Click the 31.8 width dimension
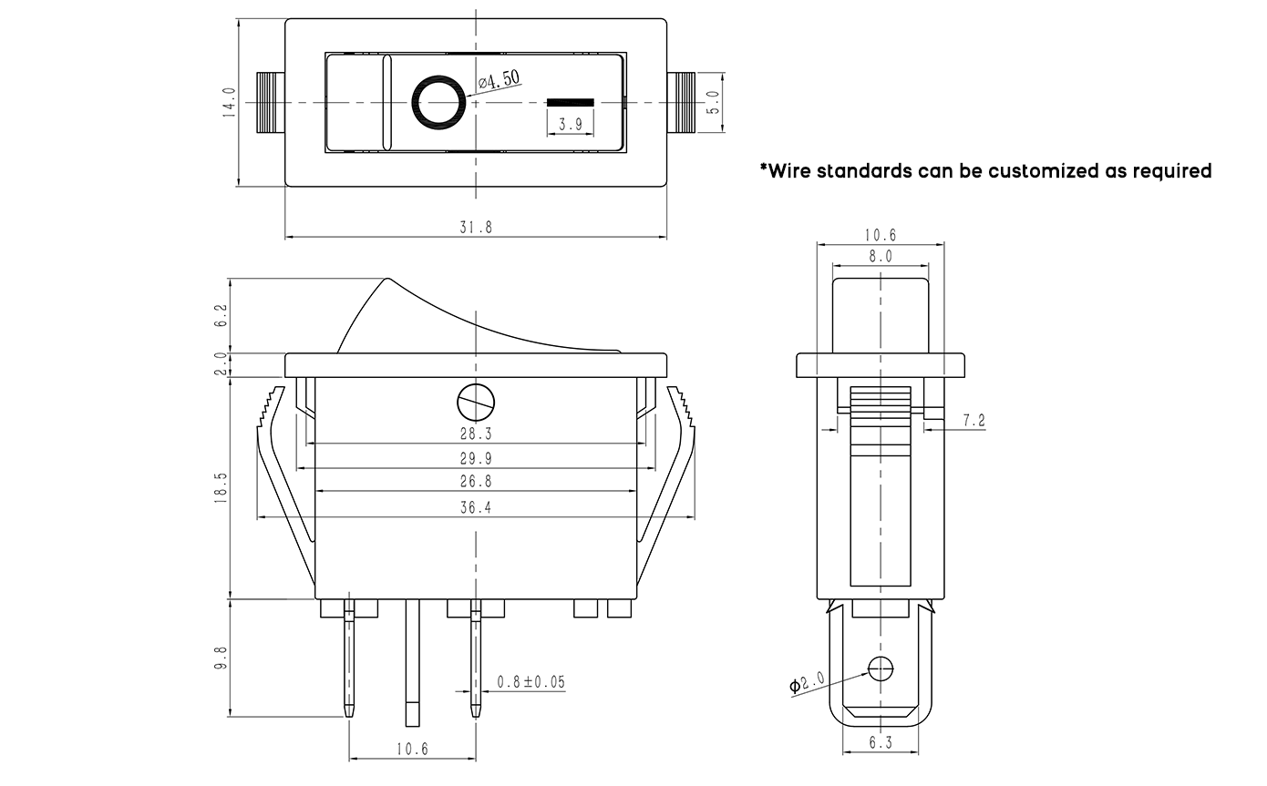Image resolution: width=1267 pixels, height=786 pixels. point(476,228)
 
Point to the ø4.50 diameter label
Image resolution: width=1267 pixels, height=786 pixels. point(500,80)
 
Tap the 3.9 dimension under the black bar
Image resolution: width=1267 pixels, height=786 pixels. point(571,125)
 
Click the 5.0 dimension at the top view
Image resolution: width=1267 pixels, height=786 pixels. point(714,101)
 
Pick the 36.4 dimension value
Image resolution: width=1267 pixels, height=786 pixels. point(476,508)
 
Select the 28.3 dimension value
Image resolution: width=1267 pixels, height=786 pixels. point(476,434)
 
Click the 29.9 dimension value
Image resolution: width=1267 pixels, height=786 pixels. point(476,458)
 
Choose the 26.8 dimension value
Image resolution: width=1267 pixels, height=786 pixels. point(476,482)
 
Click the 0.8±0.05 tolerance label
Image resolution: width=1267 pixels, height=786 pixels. point(530,681)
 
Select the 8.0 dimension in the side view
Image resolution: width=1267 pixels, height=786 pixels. point(880,257)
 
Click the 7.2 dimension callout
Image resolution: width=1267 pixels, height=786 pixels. point(973,421)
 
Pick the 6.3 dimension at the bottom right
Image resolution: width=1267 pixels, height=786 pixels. point(880,743)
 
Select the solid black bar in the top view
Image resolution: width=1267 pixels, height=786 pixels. point(570,101)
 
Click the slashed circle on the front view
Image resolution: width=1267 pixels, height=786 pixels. point(475,400)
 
